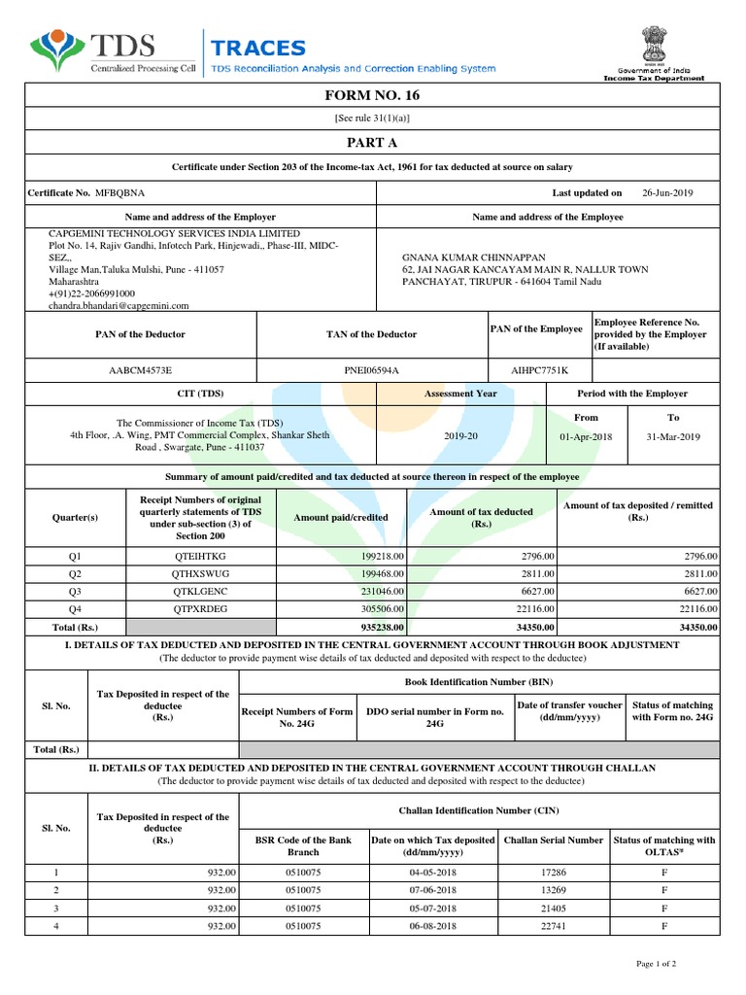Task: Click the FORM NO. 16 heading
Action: (373, 94)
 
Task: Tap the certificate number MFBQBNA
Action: (118, 192)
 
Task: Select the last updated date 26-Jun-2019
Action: (668, 192)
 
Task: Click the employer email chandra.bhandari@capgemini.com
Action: (119, 304)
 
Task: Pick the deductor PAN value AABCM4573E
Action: (141, 370)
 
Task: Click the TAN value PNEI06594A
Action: (371, 370)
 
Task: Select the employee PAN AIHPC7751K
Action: (539, 370)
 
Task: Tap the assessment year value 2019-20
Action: (460, 437)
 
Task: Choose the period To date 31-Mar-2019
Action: (673, 437)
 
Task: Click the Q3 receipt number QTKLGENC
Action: (198, 591)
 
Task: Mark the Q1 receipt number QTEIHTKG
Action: (198, 556)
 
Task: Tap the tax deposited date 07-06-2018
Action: (433, 890)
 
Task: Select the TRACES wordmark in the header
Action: (258, 48)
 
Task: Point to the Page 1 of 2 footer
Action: (656, 963)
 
